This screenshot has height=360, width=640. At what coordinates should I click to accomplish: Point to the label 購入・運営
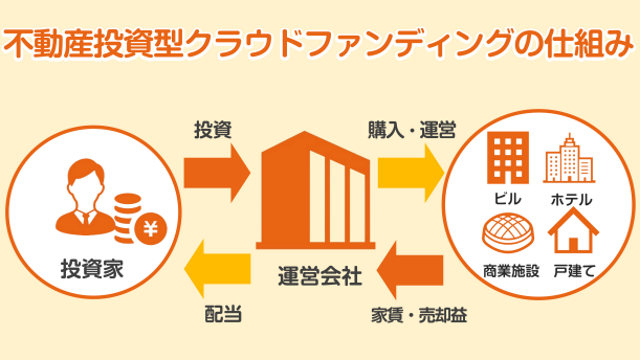pos(410,129)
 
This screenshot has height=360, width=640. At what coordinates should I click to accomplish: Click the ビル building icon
pos(507,158)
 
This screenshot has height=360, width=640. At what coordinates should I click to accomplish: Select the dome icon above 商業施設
pos(507,235)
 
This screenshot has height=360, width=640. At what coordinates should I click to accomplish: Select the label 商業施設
pos(508,270)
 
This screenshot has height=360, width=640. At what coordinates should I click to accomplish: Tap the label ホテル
pos(571,198)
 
